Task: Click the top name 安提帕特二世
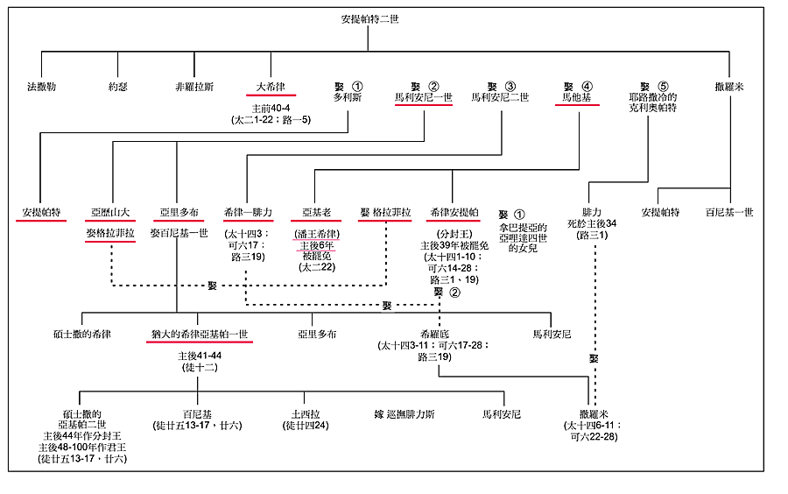369,18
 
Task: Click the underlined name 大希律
271,87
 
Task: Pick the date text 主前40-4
271,108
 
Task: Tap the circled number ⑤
663,87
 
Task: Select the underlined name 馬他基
575,97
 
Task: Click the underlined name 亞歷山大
110,213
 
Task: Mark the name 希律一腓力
249,213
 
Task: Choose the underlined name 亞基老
316,213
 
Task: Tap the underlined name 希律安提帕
453,213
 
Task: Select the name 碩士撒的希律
81,334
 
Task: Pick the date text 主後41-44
200,356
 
